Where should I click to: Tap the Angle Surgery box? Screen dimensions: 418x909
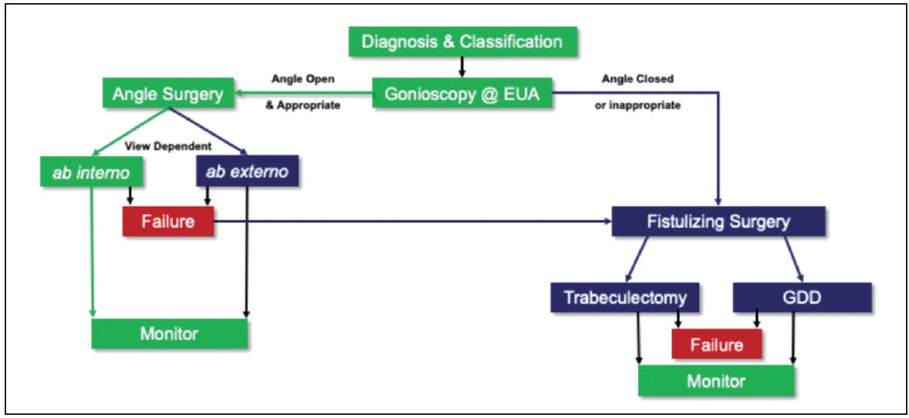pyautogui.click(x=167, y=94)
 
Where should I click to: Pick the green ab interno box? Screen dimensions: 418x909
pyautogui.click(x=79, y=171)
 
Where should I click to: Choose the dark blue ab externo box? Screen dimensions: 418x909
pyautogui.click(x=247, y=171)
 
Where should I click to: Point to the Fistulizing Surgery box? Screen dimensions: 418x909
pyautogui.click(x=718, y=221)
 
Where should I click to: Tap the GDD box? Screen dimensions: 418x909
pyautogui.click(x=801, y=297)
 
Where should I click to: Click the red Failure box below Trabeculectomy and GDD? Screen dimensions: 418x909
pyautogui.click(x=717, y=343)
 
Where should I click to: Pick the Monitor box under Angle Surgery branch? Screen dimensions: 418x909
pyautogui.click(x=169, y=333)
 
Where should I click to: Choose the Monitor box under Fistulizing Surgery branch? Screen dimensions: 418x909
pyautogui.click(x=716, y=381)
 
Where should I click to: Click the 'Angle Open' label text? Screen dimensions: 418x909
pyautogui.click(x=303, y=79)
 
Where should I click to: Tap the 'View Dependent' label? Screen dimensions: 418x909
pyautogui.click(x=168, y=145)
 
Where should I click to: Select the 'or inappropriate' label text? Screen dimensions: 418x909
pyautogui.click(x=637, y=106)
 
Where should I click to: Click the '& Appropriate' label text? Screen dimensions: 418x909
pyautogui.click(x=302, y=106)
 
